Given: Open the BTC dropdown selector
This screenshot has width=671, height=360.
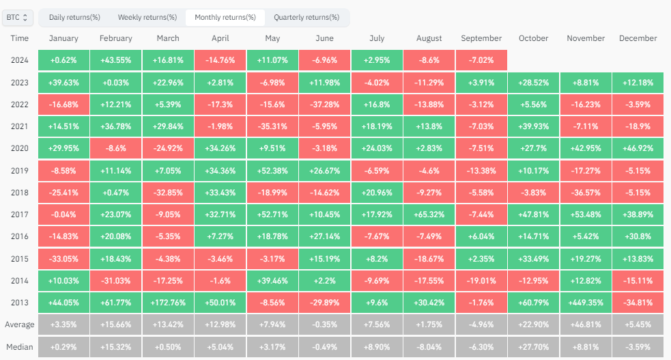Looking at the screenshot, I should pyautogui.click(x=17, y=17).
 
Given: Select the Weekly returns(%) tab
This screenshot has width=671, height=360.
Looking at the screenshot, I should pyautogui.click(x=147, y=17).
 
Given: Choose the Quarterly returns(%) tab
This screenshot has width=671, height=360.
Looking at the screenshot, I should pyautogui.click(x=306, y=17).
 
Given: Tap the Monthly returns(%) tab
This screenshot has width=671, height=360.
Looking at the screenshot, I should pyautogui.click(x=225, y=17).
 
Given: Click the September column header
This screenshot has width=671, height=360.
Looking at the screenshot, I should pyautogui.click(x=481, y=39).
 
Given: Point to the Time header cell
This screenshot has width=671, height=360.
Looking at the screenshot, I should pyautogui.click(x=20, y=39).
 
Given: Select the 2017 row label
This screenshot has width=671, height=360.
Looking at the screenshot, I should pyautogui.click(x=20, y=214).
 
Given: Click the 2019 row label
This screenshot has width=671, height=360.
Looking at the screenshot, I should pyautogui.click(x=20, y=170).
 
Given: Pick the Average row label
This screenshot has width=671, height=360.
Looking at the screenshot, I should pyautogui.click(x=20, y=324).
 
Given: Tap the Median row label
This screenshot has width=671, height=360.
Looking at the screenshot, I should pyautogui.click(x=20, y=346).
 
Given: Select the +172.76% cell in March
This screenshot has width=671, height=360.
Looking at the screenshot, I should pyautogui.click(x=167, y=302).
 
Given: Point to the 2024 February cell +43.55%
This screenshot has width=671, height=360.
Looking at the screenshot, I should pyautogui.click(x=115, y=60).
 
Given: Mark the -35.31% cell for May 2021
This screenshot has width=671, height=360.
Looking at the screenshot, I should pyautogui.click(x=272, y=126).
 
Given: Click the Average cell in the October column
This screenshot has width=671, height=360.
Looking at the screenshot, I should pyautogui.click(x=533, y=324).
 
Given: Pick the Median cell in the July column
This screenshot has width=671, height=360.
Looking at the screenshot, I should pyautogui.click(x=376, y=346).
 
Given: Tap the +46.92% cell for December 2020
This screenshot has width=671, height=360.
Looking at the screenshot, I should pyautogui.click(x=638, y=148).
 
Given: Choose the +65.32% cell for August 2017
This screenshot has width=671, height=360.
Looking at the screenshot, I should pyautogui.click(x=429, y=214).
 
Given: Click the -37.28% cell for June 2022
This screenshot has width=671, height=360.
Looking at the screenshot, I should pyautogui.click(x=324, y=105).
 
